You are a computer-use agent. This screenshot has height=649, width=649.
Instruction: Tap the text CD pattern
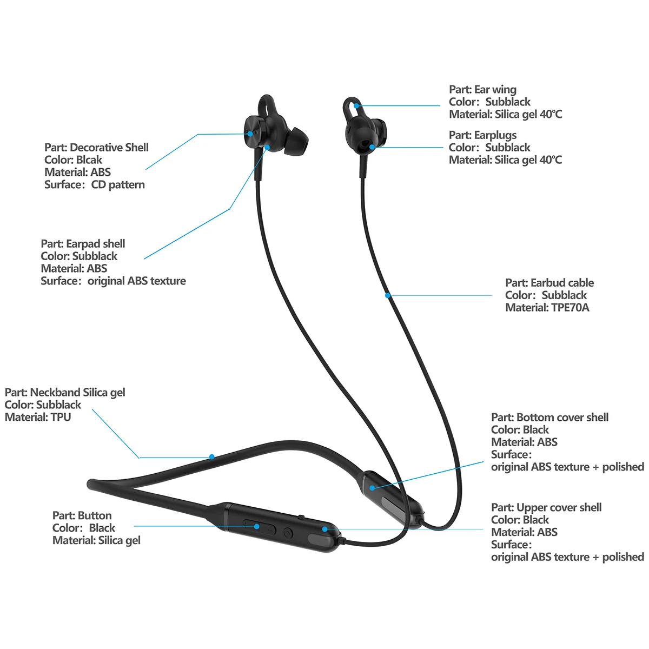(118, 185)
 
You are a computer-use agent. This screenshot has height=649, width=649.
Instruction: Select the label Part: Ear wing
(482, 90)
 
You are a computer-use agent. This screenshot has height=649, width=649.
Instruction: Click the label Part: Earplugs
(482, 135)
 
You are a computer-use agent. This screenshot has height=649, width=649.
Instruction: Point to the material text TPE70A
(570, 308)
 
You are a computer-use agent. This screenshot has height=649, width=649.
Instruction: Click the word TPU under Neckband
(61, 418)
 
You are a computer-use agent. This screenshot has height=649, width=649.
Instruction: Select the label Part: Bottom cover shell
(549, 418)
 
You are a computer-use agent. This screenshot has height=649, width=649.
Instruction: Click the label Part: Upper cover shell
(546, 508)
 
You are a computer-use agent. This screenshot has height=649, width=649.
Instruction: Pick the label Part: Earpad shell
(83, 244)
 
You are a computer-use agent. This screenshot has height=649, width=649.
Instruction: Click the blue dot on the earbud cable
(388, 295)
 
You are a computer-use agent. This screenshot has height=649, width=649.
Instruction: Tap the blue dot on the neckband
(212, 457)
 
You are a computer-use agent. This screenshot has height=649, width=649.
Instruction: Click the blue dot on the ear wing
(357, 106)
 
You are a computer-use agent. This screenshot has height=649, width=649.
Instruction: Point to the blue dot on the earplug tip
(372, 146)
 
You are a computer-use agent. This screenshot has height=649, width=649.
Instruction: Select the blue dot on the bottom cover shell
(373, 487)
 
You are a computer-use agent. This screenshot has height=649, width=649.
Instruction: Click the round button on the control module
(288, 533)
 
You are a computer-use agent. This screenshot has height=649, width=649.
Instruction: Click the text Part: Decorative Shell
(96, 148)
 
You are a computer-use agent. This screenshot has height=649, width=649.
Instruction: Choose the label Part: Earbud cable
(549, 283)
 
